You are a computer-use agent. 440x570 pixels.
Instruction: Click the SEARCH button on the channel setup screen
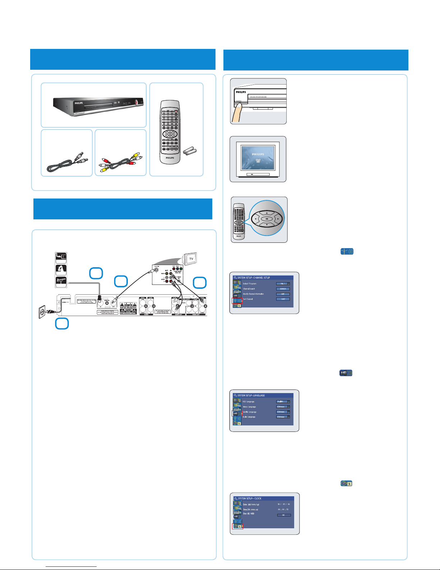click(x=283, y=289)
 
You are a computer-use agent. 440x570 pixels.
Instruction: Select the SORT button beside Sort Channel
click(x=283, y=299)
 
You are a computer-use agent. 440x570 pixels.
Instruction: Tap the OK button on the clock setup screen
click(x=284, y=515)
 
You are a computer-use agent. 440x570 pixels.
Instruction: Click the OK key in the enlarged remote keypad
click(x=267, y=218)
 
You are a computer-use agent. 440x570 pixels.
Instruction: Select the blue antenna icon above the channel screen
click(x=347, y=252)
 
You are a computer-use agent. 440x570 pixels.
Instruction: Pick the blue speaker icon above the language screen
click(x=346, y=373)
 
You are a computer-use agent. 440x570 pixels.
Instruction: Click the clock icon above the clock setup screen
click(x=346, y=484)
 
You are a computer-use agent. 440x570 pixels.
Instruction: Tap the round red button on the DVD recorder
click(x=136, y=102)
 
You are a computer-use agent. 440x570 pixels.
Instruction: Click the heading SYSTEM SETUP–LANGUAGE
click(x=251, y=395)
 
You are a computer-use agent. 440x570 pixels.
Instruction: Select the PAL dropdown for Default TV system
click(x=283, y=284)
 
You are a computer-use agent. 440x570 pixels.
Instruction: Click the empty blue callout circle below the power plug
click(x=62, y=324)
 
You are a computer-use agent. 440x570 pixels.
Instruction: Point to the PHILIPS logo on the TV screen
click(x=258, y=154)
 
